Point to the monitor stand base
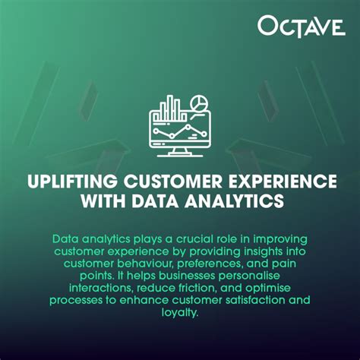point(180,155)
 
